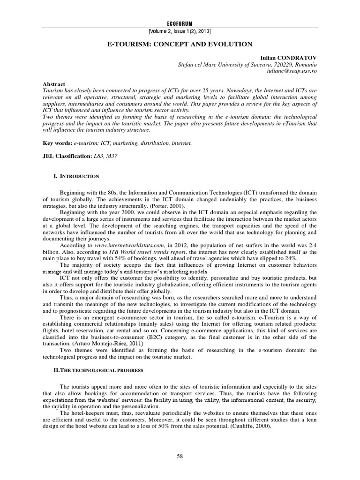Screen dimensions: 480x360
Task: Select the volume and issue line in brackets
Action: point(180,31)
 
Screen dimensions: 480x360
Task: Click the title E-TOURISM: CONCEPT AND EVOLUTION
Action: point(180,44)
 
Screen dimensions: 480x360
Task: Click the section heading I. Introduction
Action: point(78,176)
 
